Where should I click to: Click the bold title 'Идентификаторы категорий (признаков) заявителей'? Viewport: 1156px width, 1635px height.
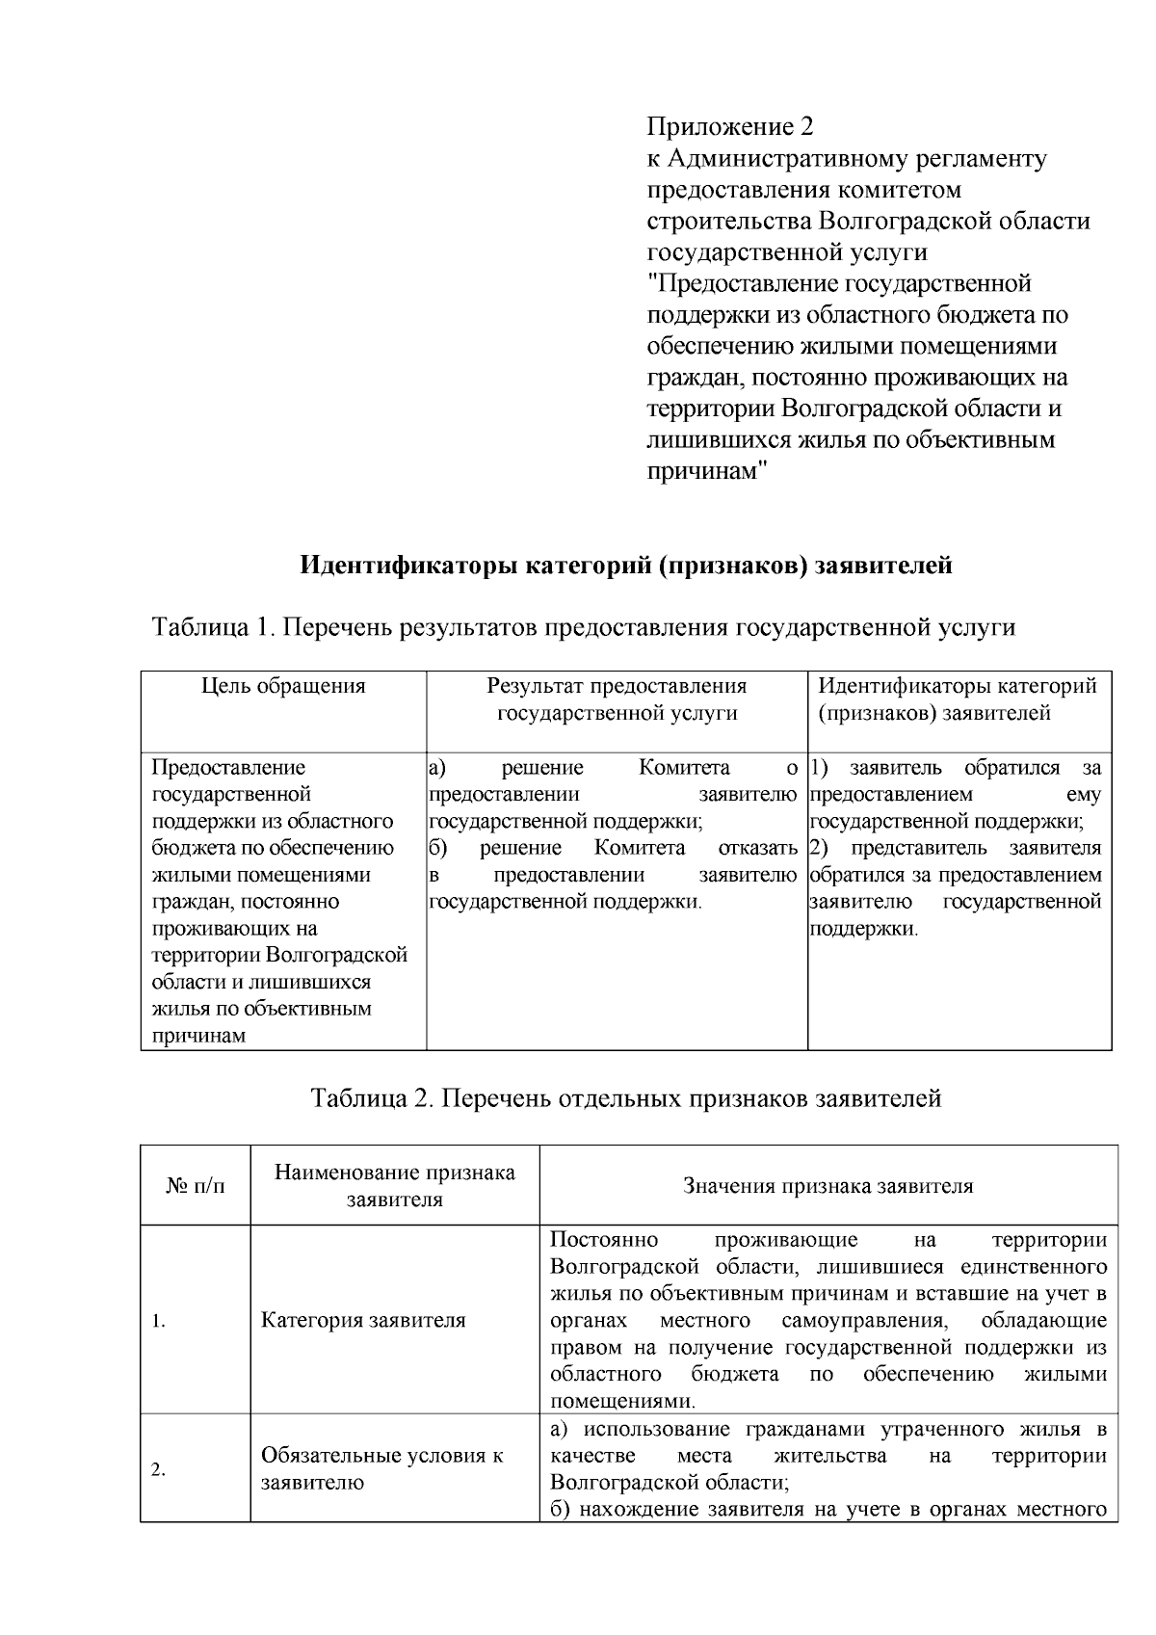pyautogui.click(x=626, y=565)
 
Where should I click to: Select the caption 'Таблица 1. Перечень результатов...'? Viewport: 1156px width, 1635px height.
pyautogui.click(x=584, y=628)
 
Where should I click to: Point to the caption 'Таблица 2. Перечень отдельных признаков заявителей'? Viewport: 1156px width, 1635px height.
pyautogui.click(x=626, y=1098)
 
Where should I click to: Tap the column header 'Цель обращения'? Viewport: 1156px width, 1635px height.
pyautogui.click(x=283, y=686)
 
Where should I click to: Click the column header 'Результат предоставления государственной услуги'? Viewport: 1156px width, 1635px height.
pyautogui.click(x=617, y=699)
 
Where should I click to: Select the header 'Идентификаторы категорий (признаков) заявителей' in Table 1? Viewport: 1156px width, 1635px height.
pyautogui.click(x=958, y=699)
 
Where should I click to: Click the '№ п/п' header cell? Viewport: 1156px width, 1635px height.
pyautogui.click(x=196, y=1186)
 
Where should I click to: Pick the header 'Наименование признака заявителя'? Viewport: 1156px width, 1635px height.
pyautogui.click(x=394, y=1186)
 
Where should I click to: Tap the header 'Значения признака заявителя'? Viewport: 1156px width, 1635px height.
pyautogui.click(x=828, y=1186)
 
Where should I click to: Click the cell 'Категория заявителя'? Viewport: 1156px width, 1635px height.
pyautogui.click(x=363, y=1321)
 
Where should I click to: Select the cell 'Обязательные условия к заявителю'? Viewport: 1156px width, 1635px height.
pyautogui.click(x=381, y=1469)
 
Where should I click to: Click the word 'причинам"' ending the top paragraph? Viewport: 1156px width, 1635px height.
pyautogui.click(x=706, y=472)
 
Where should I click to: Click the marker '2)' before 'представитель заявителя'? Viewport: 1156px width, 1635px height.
pyautogui.click(x=820, y=848)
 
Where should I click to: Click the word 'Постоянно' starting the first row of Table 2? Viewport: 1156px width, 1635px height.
pyautogui.click(x=604, y=1239)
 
